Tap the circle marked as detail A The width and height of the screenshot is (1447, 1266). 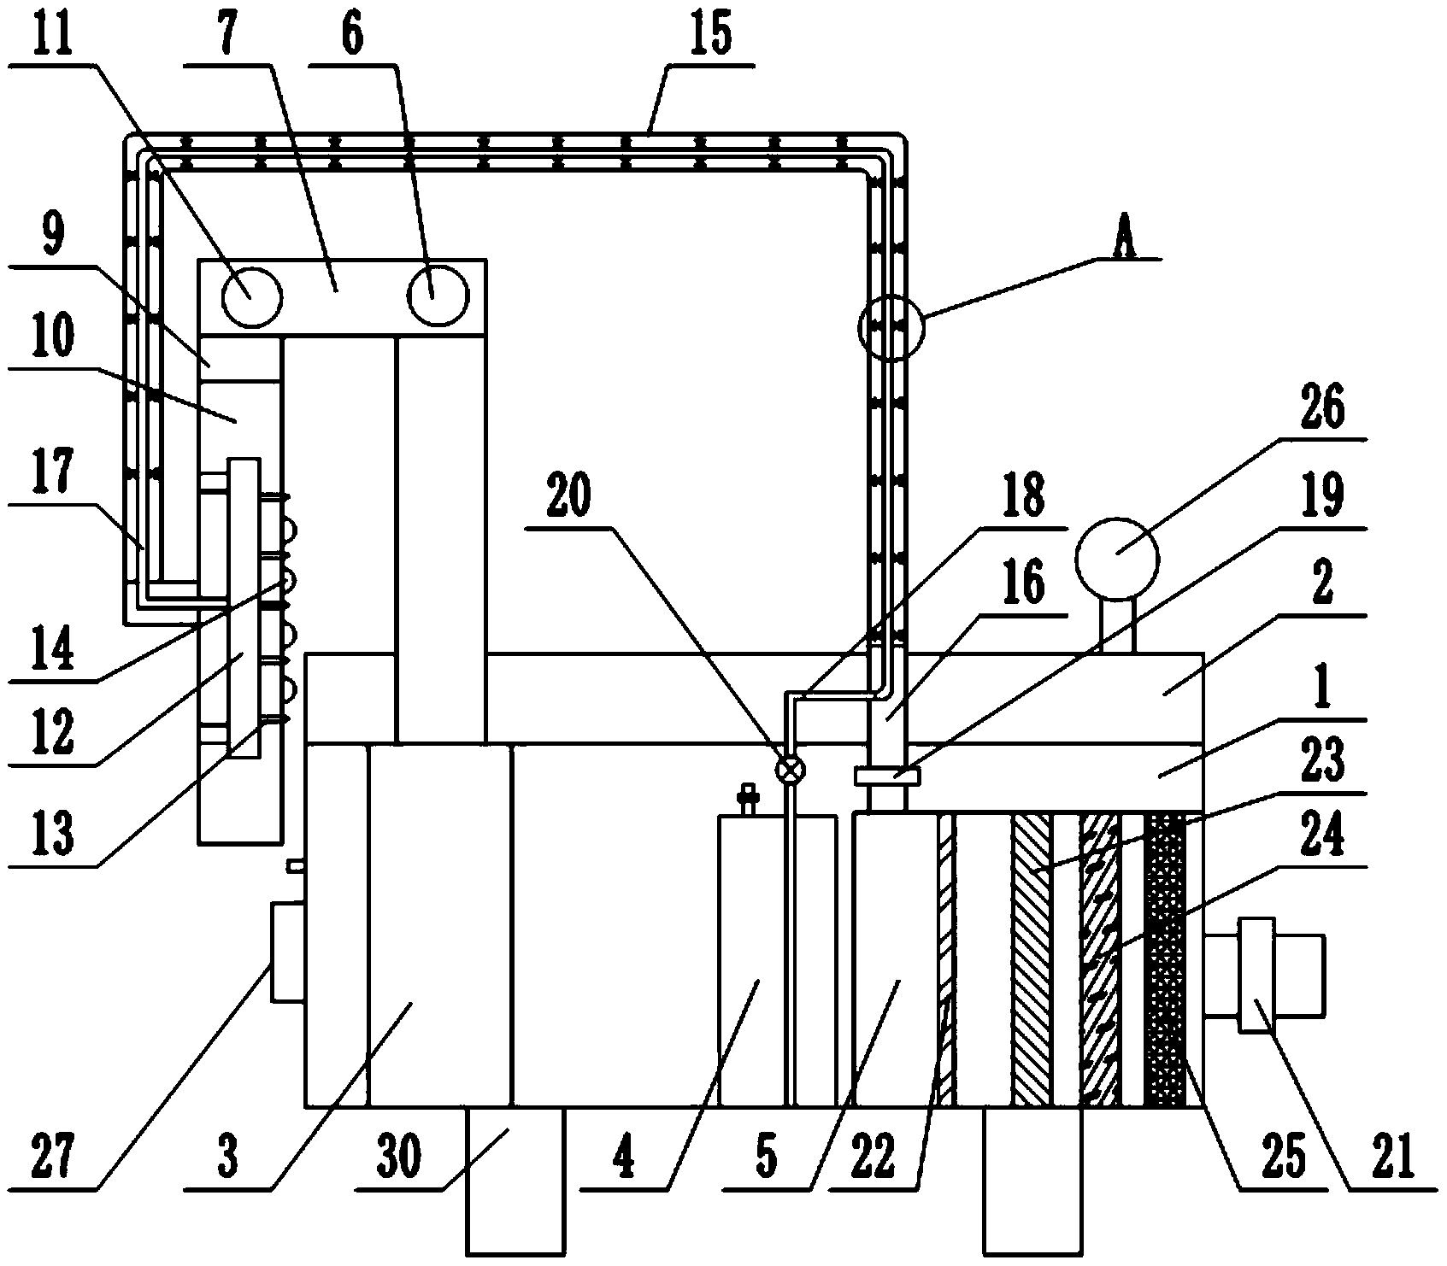click(x=891, y=328)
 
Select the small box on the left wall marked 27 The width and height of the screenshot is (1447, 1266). click(x=287, y=950)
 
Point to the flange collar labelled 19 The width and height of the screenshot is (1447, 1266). click(x=886, y=777)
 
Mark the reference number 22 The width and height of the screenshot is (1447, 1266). click(x=873, y=1159)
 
